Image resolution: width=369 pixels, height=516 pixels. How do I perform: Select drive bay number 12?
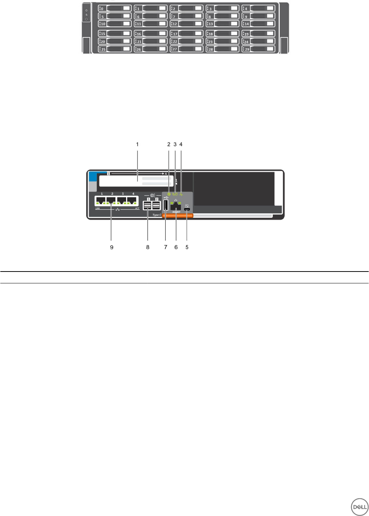187,24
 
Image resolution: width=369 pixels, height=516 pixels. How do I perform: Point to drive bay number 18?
223,34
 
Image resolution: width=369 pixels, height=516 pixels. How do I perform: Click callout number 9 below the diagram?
112,247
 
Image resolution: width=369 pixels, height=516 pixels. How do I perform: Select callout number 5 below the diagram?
187,247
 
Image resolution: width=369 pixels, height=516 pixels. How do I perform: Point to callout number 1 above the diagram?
138,144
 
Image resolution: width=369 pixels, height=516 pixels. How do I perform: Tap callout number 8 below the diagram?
148,247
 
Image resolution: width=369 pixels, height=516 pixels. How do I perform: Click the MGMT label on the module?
176,212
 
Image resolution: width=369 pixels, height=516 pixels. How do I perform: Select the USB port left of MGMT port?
166,205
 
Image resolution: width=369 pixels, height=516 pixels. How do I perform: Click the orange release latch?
177,216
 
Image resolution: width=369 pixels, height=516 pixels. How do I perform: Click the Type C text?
157,215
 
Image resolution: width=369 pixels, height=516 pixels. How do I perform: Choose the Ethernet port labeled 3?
122,200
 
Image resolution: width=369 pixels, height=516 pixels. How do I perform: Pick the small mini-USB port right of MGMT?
187,210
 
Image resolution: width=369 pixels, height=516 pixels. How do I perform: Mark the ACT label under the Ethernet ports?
137,209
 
